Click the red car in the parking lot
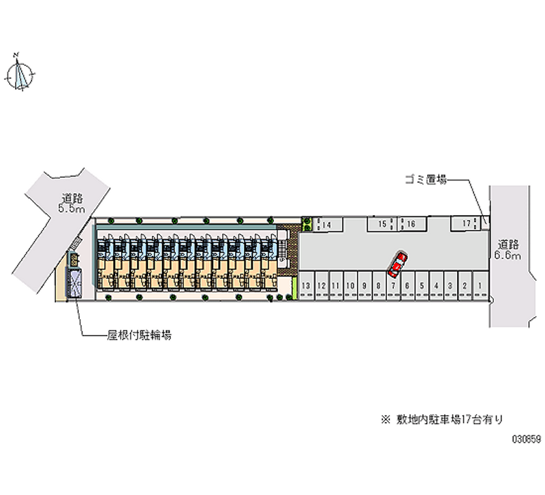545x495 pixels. [396, 264]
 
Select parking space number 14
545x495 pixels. [326, 224]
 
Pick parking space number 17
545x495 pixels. [467, 223]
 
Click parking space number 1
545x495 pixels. [480, 286]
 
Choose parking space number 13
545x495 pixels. [307, 286]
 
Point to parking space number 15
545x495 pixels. [383, 223]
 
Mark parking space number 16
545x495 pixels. [411, 223]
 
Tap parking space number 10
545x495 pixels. [349, 286]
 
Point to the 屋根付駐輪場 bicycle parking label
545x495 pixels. [138, 336]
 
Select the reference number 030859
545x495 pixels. [525, 440]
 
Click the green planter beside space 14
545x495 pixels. [307, 224]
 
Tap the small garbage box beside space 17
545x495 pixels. [485, 221]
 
